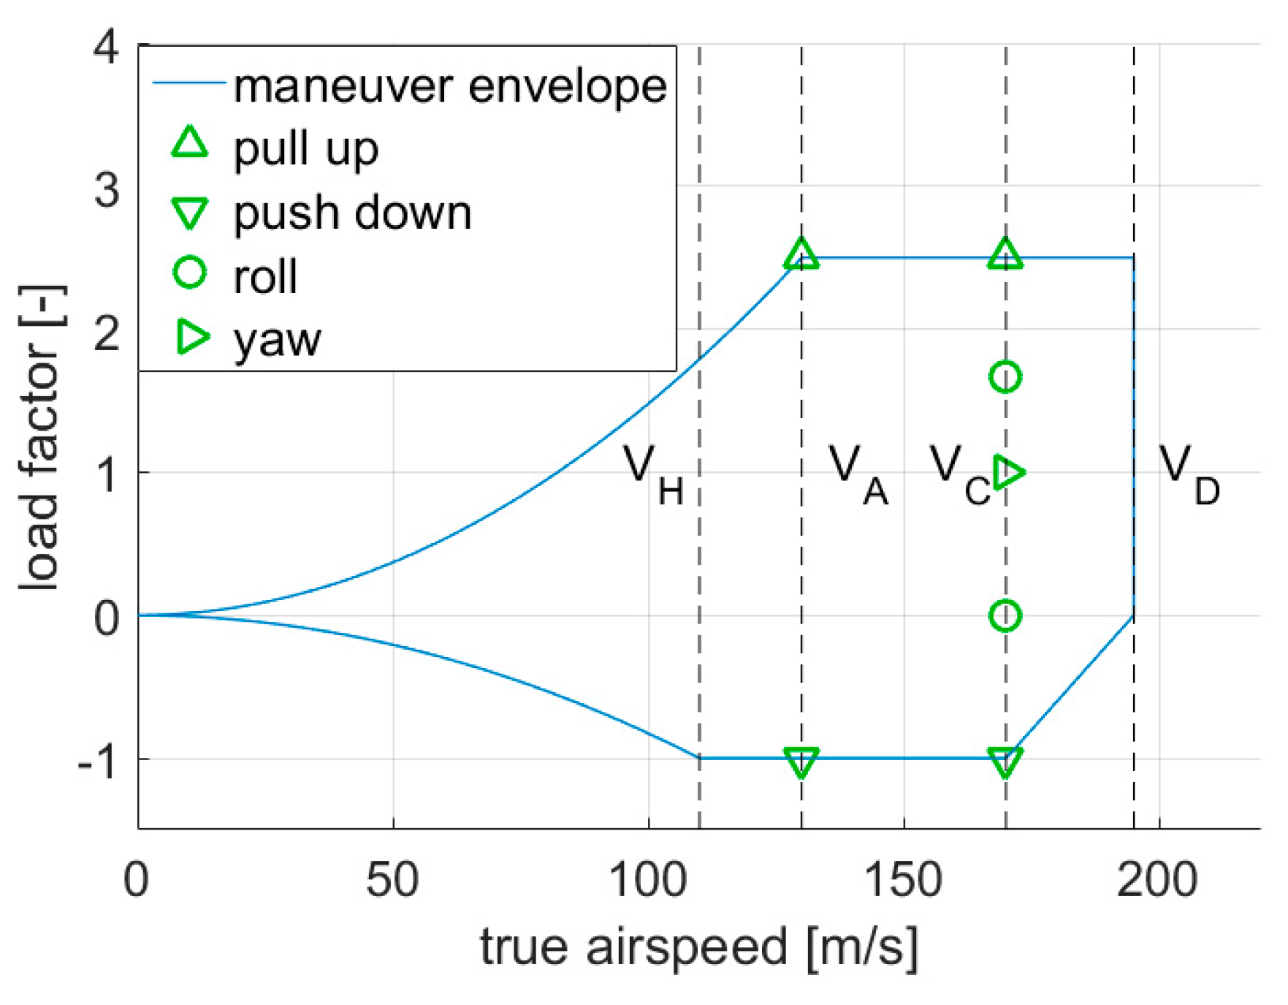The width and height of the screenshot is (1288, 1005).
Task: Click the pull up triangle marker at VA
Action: click(x=801, y=255)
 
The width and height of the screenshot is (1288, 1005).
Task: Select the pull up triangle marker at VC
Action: click(x=1005, y=255)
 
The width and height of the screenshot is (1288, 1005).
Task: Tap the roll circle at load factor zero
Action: click(x=1005, y=616)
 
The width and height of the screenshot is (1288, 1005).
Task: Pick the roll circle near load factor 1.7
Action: click(x=1005, y=377)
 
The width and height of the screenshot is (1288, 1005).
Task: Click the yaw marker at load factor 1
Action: click(x=1010, y=472)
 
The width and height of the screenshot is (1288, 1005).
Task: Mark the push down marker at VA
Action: click(x=801, y=762)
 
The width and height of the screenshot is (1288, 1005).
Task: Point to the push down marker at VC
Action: click(x=1005, y=762)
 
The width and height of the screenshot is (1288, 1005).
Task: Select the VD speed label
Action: click(x=1189, y=475)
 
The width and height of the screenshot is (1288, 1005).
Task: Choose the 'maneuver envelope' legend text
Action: click(x=449, y=87)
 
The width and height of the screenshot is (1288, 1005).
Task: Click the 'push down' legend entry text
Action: click(x=352, y=213)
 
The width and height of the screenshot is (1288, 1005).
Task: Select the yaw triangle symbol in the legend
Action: click(x=192, y=337)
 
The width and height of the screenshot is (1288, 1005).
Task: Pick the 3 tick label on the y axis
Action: click(x=107, y=189)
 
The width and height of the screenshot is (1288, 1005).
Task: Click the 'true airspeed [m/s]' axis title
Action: click(x=698, y=947)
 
